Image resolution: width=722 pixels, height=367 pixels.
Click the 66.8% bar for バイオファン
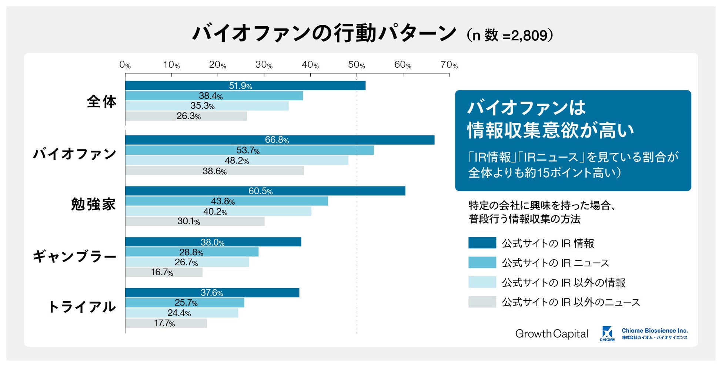click(280, 140)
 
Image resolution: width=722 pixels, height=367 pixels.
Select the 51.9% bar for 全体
click(245, 85)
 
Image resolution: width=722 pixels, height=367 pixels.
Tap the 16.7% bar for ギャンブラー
click(164, 272)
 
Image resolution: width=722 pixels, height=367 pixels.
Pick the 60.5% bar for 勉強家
click(265, 191)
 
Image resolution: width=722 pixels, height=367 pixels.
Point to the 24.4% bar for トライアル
click(181, 313)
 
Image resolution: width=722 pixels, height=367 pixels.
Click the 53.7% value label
click(248, 151)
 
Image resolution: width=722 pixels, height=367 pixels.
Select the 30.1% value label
click(188, 222)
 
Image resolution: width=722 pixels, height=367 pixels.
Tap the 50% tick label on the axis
click(356, 65)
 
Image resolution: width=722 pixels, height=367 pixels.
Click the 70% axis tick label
click(449, 65)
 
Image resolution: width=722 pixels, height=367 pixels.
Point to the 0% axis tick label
click(125, 65)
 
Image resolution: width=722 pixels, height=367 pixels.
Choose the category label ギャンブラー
click(74, 256)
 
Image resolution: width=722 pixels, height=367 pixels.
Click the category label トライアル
click(82, 307)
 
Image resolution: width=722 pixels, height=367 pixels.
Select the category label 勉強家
click(93, 204)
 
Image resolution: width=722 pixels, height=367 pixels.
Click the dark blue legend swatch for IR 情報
click(482, 243)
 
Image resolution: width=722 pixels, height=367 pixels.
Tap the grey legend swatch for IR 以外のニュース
click(482, 302)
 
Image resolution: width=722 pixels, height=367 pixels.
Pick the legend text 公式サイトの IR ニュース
click(555, 263)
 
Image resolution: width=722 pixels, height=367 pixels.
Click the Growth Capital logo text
click(551, 334)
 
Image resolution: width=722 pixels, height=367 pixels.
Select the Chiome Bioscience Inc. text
click(654, 331)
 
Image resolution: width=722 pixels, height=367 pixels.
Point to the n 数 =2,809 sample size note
click(510, 36)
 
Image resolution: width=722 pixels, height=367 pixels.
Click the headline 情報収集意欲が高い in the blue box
click(550, 130)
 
